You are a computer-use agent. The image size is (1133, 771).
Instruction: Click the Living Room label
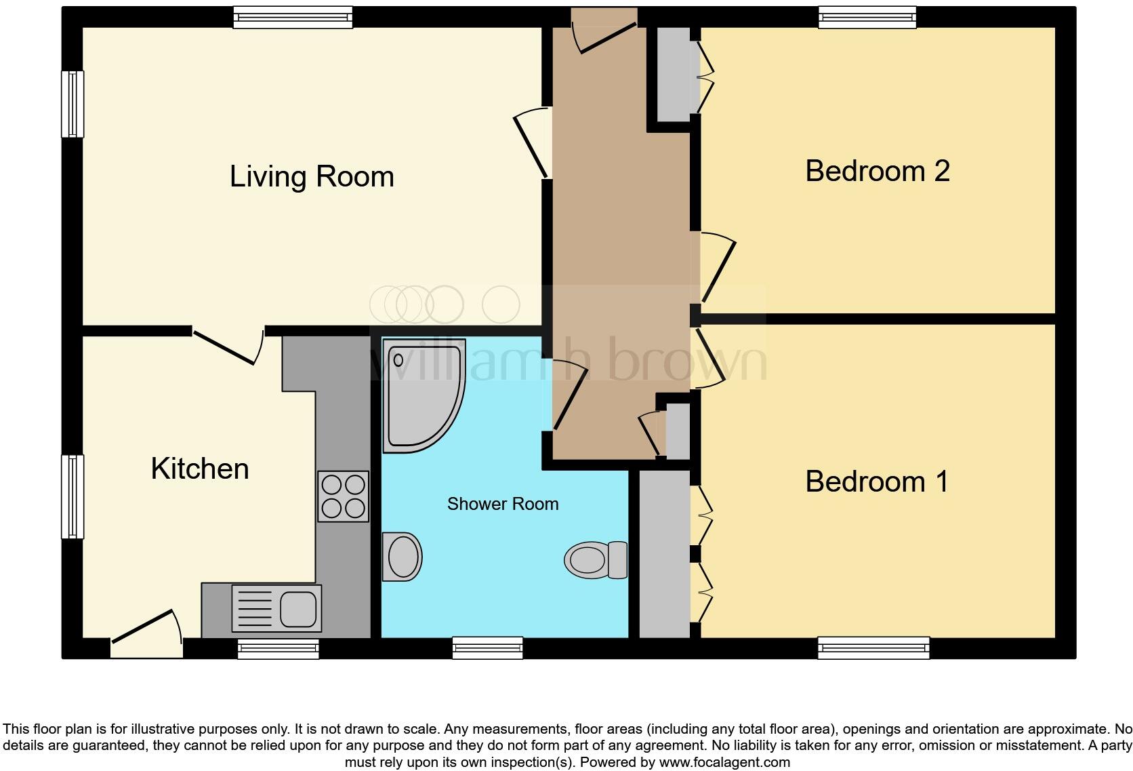coord(312,177)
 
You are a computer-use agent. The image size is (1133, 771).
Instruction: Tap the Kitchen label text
coord(200,469)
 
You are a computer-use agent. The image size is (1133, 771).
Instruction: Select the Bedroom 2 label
coord(878,171)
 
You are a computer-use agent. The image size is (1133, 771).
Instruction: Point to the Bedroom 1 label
coord(877,481)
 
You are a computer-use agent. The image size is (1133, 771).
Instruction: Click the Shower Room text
coord(503,504)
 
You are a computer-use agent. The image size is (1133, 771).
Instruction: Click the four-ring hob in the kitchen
coord(344,496)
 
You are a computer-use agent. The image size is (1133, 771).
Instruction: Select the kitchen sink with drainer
coord(276,608)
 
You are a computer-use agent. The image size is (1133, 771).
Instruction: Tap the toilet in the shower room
coord(596,559)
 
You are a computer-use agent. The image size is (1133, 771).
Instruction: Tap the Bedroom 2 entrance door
coord(717,268)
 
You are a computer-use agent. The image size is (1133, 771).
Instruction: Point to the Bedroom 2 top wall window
coord(867,17)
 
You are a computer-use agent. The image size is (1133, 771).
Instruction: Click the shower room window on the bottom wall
coord(488,648)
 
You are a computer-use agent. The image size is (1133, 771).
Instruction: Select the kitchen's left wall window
coord(73,496)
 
